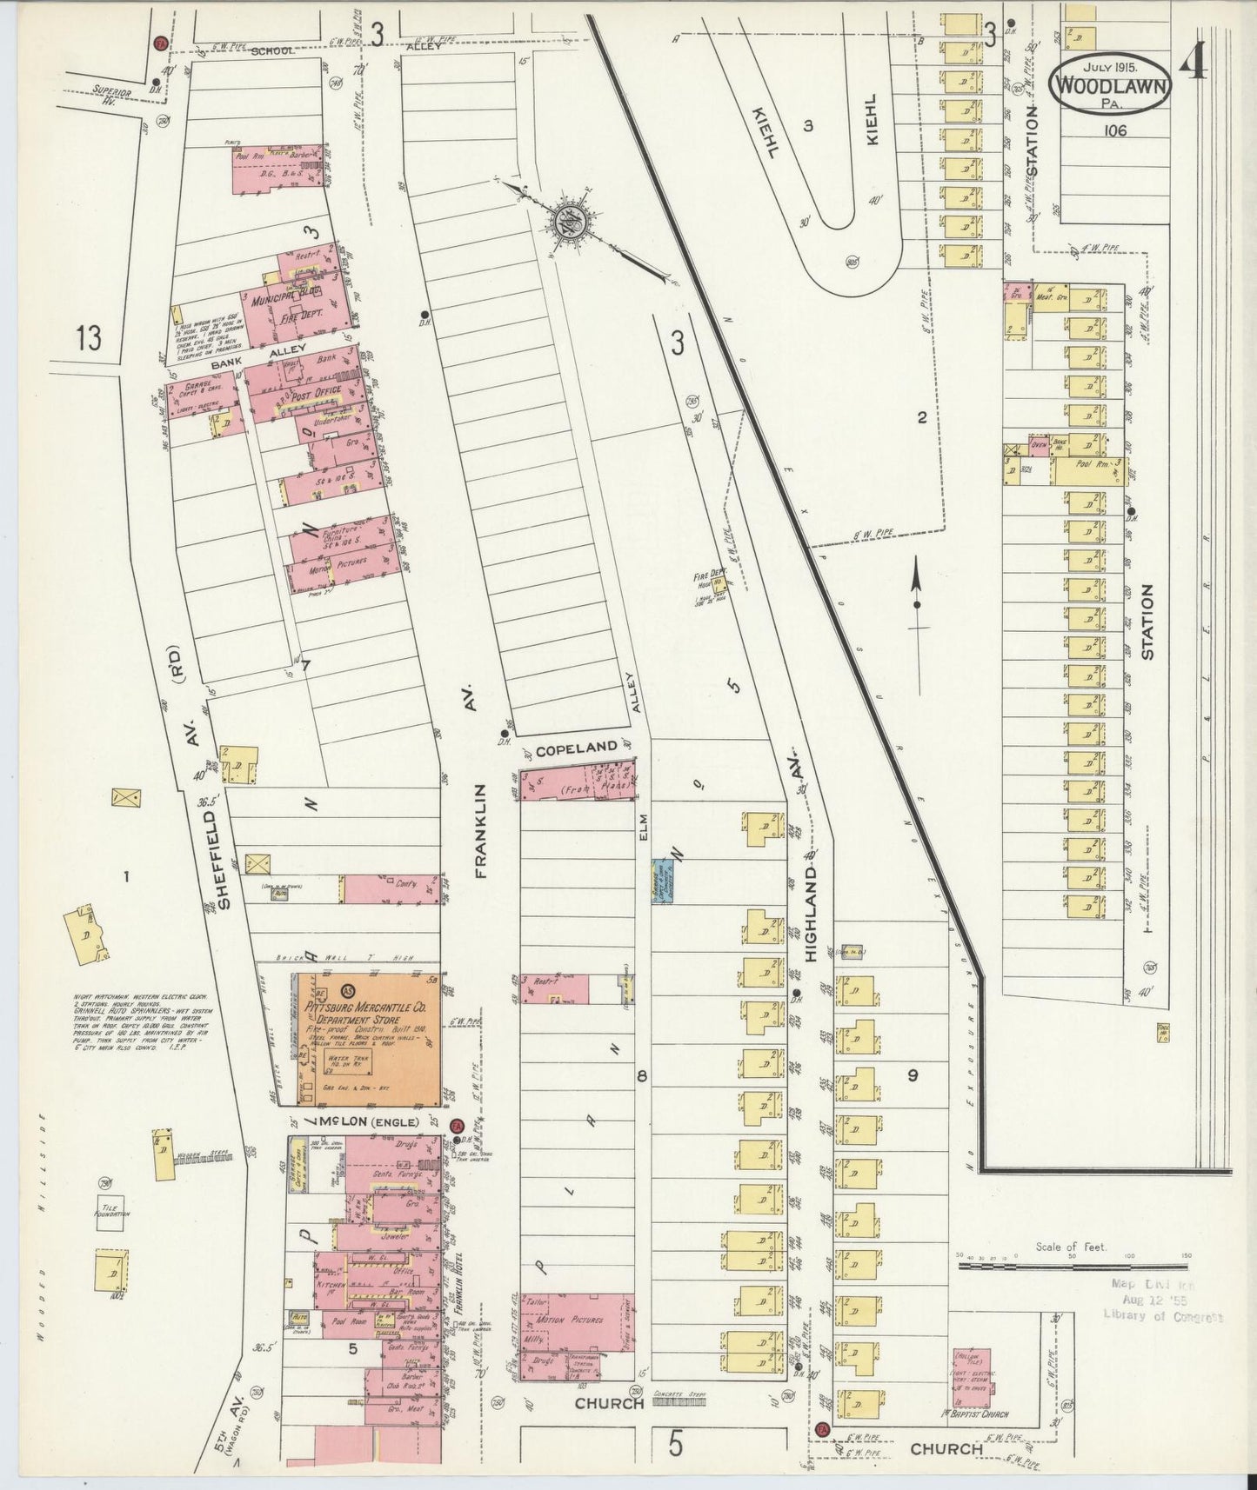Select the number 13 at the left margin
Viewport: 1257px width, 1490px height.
pyautogui.click(x=89, y=337)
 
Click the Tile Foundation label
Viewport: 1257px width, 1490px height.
pyautogui.click(x=112, y=1213)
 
